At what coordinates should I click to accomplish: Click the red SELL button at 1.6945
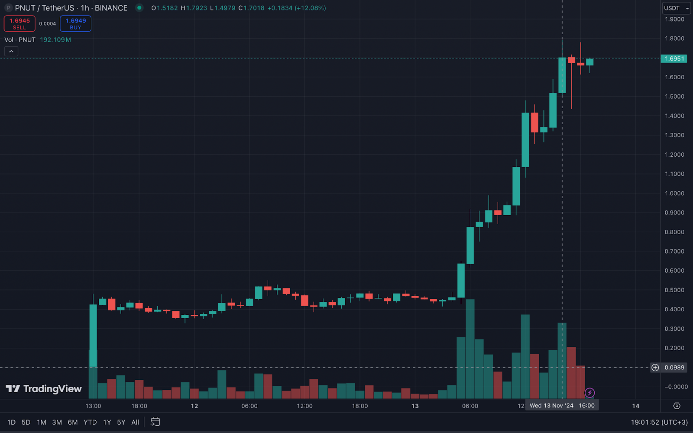pos(19,24)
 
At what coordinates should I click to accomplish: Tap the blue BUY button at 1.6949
pos(75,24)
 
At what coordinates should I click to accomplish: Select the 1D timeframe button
pos(11,422)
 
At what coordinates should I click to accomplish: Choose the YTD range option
pos(90,422)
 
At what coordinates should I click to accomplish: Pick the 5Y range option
pos(121,422)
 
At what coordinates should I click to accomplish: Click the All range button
pos(135,422)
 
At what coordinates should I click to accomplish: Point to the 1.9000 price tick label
pos(674,19)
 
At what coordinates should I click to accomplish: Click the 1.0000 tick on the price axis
pos(674,193)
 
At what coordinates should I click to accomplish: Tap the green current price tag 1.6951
pos(674,58)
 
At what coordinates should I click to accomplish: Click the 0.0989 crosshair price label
pos(674,368)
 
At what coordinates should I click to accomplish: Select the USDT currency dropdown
pos(676,8)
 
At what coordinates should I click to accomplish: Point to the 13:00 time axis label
pos(93,406)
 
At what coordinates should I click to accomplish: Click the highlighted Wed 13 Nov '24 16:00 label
pos(562,406)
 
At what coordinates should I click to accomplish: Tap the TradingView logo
pos(44,389)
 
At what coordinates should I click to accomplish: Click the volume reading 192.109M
pos(55,40)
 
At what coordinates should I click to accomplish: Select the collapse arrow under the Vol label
pos(11,52)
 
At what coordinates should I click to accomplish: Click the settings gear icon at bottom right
pos(677,406)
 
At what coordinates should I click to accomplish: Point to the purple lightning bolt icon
pos(589,393)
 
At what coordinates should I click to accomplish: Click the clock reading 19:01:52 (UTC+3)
pos(659,422)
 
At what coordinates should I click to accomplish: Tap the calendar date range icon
pos(155,422)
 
